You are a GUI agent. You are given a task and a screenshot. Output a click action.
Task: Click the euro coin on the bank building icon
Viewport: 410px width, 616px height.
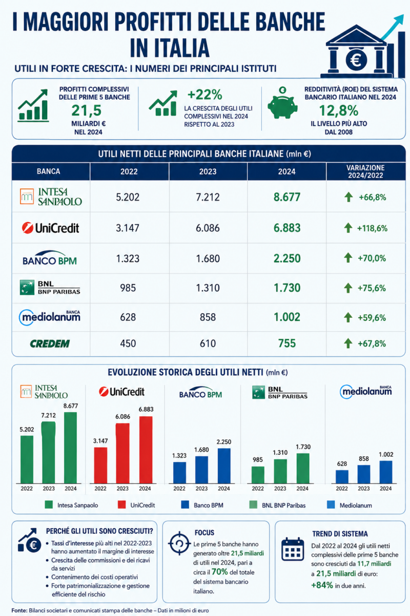pos(356,60)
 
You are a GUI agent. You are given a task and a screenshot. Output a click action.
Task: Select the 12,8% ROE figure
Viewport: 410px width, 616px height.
pos(339,110)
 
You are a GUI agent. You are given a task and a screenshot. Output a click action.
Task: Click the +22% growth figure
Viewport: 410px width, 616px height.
pos(204,94)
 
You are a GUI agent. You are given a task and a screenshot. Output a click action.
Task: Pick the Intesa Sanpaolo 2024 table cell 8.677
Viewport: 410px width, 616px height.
pos(287,197)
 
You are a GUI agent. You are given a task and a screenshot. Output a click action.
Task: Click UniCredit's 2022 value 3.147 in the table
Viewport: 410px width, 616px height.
pos(128,228)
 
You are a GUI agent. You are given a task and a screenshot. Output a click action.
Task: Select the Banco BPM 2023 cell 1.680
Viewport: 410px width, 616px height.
pos(208,259)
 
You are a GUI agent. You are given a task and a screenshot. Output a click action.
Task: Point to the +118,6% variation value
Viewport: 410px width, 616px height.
pos(372,228)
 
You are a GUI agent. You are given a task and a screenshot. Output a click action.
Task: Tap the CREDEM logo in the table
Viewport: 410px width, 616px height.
pos(50,343)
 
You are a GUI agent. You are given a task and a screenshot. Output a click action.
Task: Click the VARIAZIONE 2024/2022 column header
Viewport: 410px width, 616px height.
pos(365,171)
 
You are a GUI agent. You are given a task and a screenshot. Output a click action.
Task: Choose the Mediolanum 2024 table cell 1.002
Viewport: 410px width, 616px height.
pos(287,317)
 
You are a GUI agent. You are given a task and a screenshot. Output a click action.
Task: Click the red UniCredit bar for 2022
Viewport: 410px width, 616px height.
pos(100,465)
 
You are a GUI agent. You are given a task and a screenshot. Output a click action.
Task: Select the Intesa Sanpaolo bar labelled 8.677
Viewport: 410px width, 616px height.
pos(70,448)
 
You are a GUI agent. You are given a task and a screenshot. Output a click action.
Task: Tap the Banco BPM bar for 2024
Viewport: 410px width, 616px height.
pos(224,466)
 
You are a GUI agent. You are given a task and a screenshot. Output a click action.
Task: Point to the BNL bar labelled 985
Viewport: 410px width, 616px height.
pos(258,475)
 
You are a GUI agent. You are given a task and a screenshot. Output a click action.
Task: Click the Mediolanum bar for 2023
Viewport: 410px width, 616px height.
pos(363,474)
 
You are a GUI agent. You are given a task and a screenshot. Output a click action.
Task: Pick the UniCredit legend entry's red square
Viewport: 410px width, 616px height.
pos(121,505)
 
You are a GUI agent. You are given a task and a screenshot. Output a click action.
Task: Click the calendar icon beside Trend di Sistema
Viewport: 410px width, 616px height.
pos(293,549)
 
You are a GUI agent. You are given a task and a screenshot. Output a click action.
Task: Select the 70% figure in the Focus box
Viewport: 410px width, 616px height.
pos(220,572)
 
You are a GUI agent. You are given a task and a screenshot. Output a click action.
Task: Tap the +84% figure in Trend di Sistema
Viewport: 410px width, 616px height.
pos(322,585)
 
